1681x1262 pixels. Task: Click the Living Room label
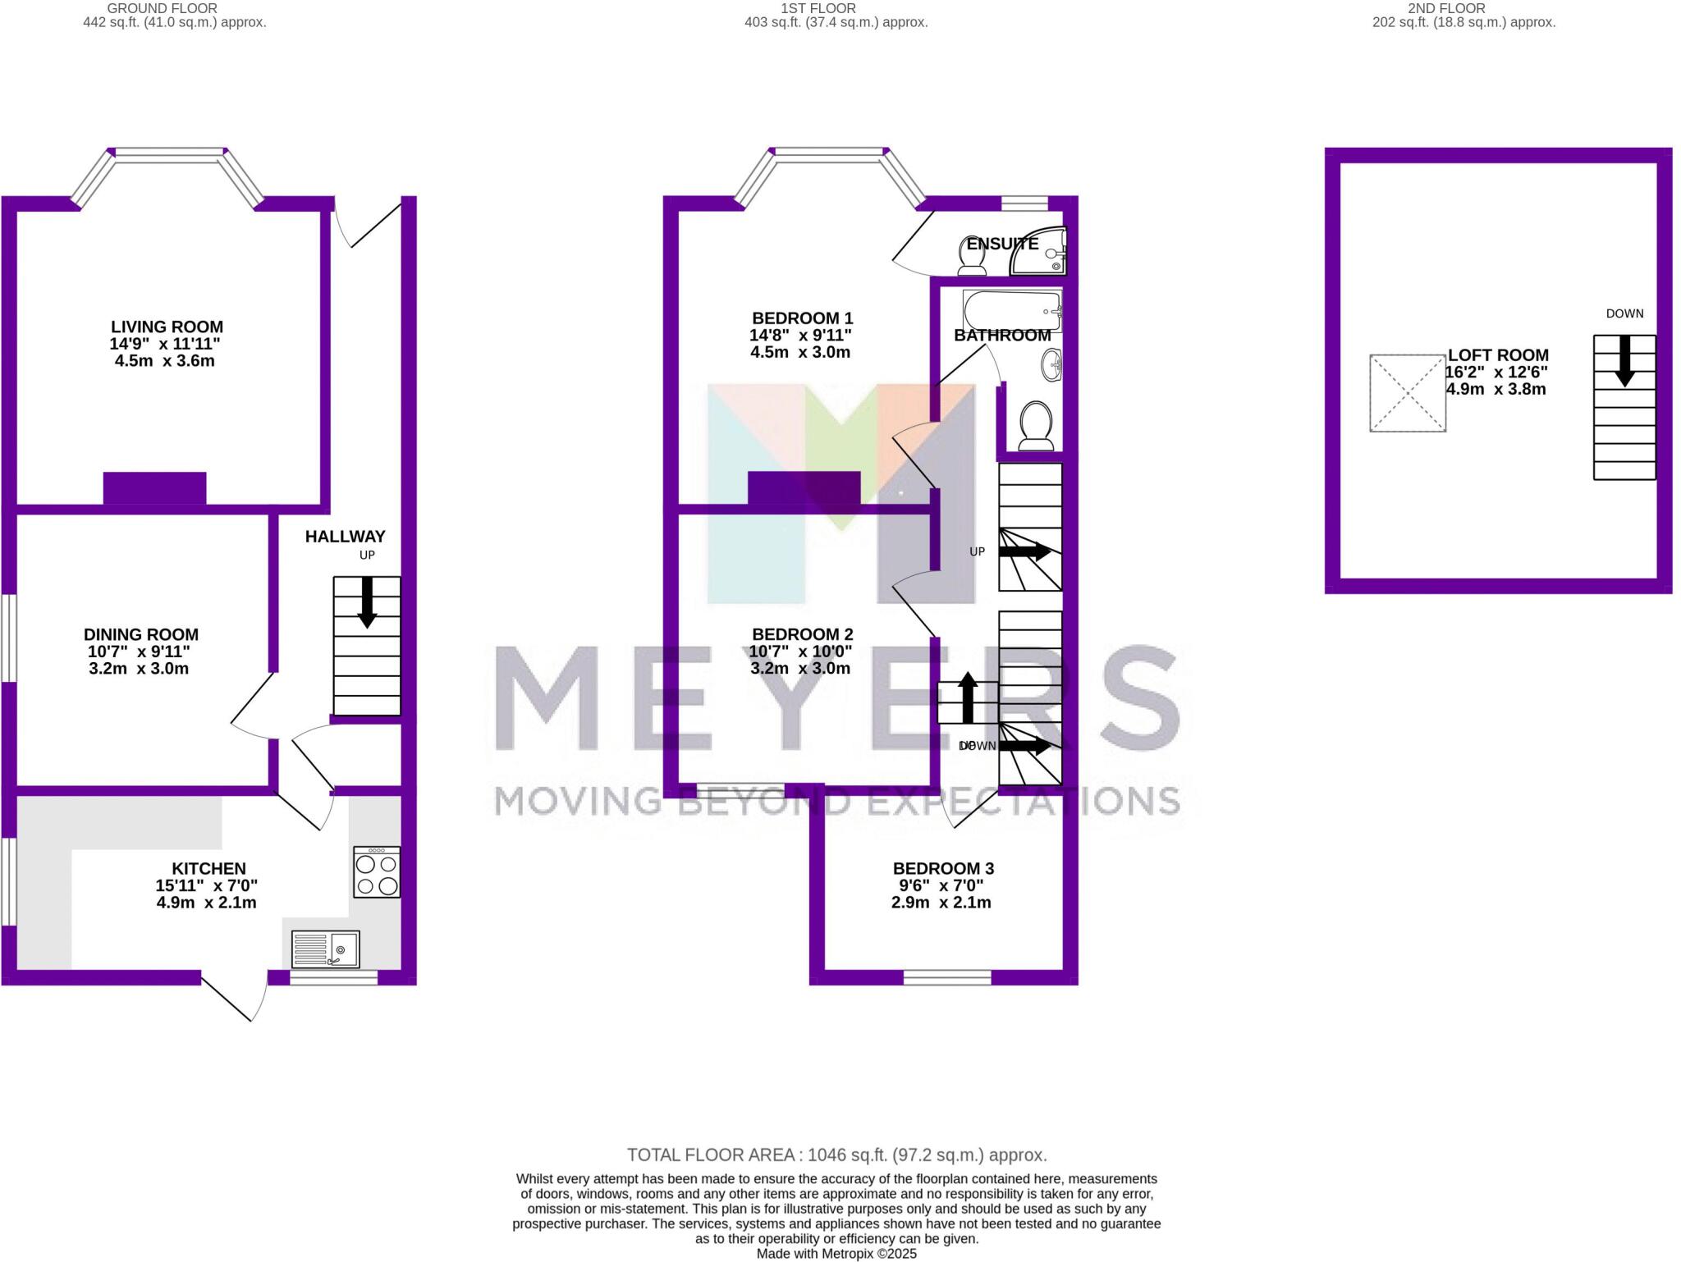167,327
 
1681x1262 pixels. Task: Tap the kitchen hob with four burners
377,872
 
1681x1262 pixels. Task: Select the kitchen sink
326,950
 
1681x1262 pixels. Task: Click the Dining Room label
141,634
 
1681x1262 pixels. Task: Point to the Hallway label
345,537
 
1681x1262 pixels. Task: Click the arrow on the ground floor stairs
367,603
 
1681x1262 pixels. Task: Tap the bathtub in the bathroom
1012,311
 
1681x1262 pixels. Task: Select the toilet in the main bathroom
1035,426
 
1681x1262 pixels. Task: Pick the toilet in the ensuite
973,257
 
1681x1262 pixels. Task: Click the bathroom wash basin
1051,365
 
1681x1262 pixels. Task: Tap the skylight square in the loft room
1407,393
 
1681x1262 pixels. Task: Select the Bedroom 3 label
943,868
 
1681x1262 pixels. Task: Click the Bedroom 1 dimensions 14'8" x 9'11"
800,336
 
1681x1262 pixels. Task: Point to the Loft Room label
1498,355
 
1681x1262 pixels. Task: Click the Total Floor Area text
836,1155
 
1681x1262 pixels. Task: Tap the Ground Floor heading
163,8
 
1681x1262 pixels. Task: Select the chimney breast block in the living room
154,488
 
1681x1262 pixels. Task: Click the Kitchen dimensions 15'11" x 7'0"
207,886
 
